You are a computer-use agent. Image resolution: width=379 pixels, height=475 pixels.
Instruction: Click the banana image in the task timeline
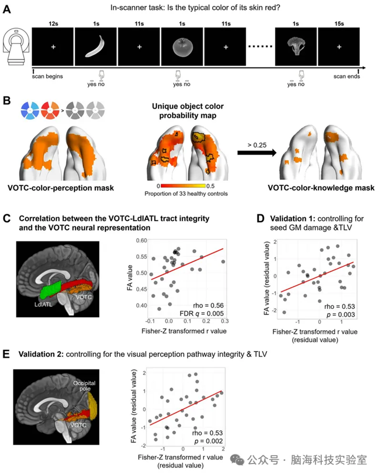(x=95, y=46)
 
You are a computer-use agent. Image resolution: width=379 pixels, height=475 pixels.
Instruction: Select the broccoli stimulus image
(x=296, y=46)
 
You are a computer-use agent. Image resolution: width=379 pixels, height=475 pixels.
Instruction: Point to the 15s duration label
(x=339, y=24)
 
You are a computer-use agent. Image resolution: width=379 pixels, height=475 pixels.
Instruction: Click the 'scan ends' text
(x=347, y=76)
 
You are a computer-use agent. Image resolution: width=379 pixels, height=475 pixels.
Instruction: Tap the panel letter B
(x=7, y=101)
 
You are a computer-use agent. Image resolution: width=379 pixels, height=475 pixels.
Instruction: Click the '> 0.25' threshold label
(x=257, y=145)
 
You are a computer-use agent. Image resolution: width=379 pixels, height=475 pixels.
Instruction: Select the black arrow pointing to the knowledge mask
(x=257, y=153)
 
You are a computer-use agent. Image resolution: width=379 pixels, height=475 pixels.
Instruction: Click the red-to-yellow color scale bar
(x=183, y=186)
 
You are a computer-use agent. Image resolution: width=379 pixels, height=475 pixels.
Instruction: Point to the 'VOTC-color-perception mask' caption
(x=61, y=188)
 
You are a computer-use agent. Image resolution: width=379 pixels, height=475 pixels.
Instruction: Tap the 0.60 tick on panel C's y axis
(x=142, y=240)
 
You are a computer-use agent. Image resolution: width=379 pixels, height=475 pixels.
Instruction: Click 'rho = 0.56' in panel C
(x=208, y=305)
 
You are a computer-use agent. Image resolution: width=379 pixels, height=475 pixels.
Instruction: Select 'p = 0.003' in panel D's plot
(x=341, y=315)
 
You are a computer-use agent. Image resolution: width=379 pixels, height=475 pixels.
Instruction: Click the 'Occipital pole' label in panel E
(x=84, y=385)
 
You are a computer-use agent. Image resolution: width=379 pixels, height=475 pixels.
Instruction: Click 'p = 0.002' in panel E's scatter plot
(x=209, y=441)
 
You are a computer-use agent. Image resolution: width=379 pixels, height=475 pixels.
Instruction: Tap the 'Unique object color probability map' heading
(x=188, y=111)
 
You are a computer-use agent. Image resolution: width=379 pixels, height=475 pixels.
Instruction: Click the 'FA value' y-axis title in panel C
(x=130, y=277)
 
